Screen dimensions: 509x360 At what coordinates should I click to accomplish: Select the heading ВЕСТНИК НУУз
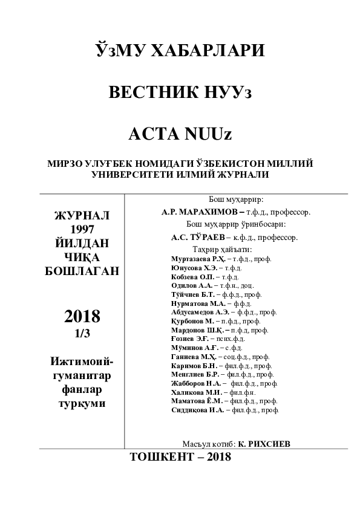(179, 92)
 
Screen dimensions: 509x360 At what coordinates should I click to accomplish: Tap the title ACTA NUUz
(180, 134)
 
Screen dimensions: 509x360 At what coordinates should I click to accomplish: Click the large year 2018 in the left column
(82, 316)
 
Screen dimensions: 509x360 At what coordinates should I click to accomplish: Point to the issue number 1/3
(82, 331)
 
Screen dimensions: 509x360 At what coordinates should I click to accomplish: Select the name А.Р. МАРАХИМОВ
(200, 212)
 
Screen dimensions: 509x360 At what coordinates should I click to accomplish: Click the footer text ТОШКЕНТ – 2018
(180, 458)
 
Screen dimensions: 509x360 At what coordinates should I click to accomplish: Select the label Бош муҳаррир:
(235, 199)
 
